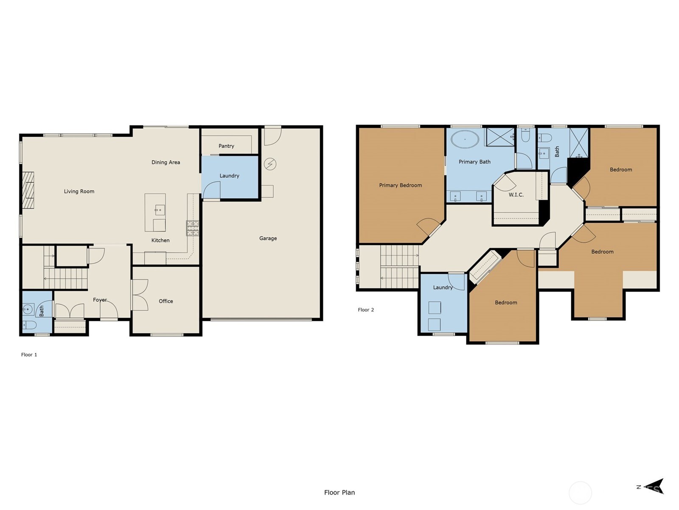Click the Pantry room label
coord(226,146)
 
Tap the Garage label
coord(268,238)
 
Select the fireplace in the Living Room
coord(28,190)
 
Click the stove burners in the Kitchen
coord(192,228)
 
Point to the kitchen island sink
coord(160,210)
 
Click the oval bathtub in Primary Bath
coord(465,139)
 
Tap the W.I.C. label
coord(516,195)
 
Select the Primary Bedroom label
coord(400,185)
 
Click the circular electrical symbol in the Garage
coord(270,164)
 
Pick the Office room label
coord(166,301)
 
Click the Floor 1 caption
coord(29,354)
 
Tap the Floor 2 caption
coord(366,310)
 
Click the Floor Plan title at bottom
coord(339,493)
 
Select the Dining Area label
coord(166,162)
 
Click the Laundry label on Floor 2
coord(443,287)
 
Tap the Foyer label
coord(100,300)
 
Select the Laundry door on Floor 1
coord(211,190)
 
